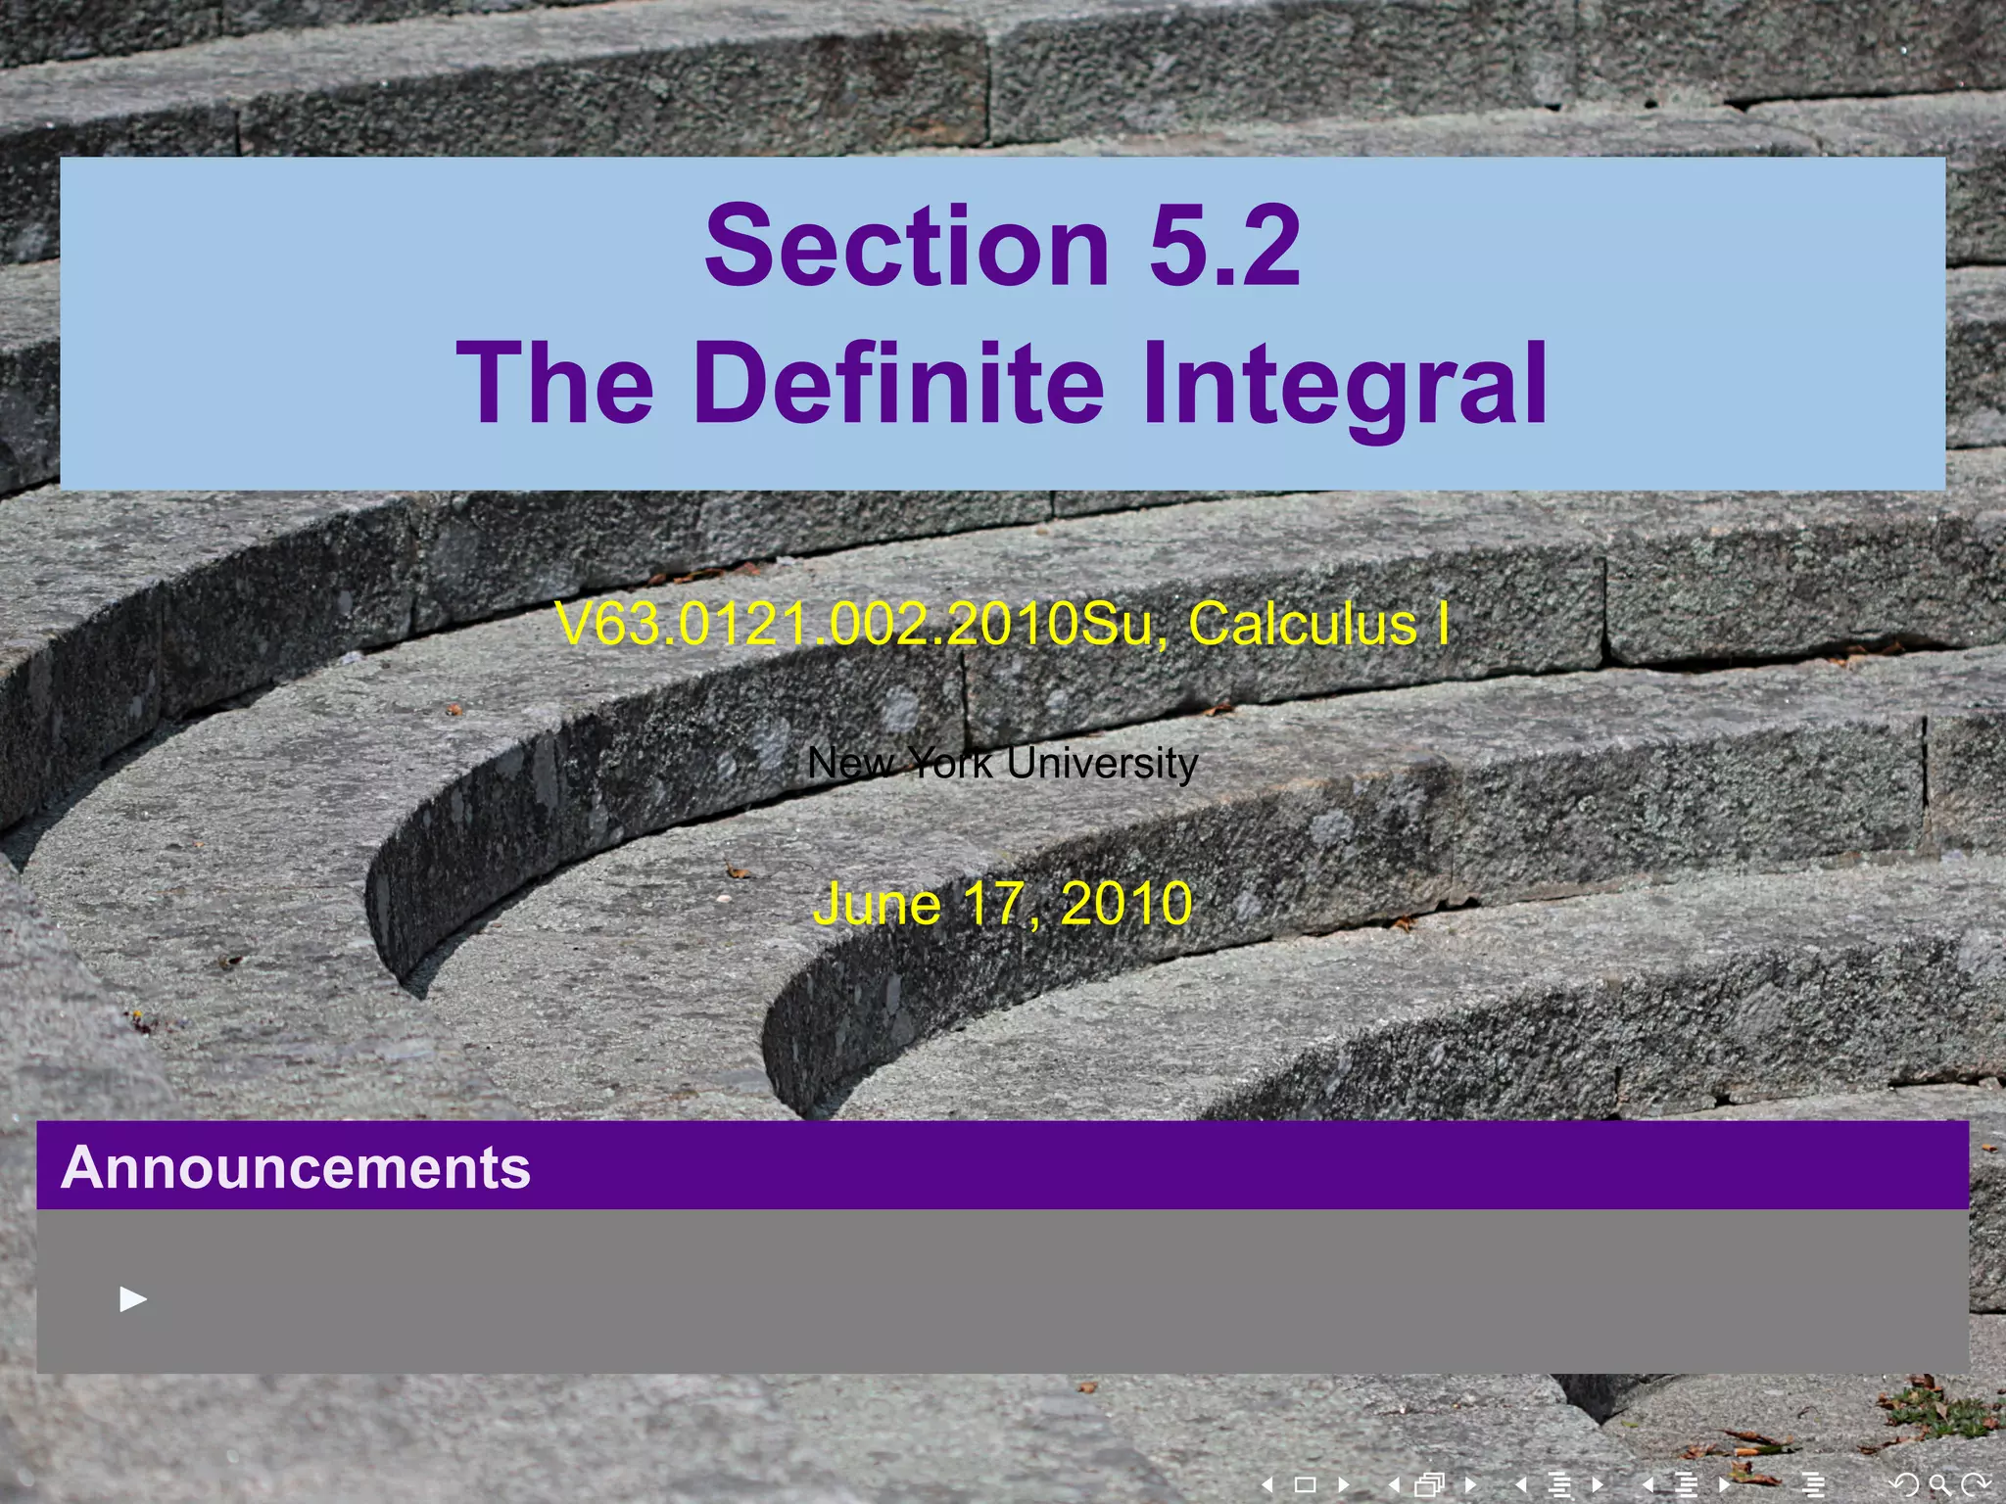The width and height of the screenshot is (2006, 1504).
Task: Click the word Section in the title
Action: click(906, 247)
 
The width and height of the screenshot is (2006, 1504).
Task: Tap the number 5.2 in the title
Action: click(1224, 247)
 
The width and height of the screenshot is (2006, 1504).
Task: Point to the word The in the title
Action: click(554, 383)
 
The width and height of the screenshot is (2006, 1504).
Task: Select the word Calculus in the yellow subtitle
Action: click(1303, 625)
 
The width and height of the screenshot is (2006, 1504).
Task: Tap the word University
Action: click(1102, 763)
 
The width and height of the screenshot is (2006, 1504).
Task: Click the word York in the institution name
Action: click(949, 763)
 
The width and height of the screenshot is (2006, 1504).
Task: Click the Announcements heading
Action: click(296, 1167)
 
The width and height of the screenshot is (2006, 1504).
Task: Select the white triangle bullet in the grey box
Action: click(133, 1299)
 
